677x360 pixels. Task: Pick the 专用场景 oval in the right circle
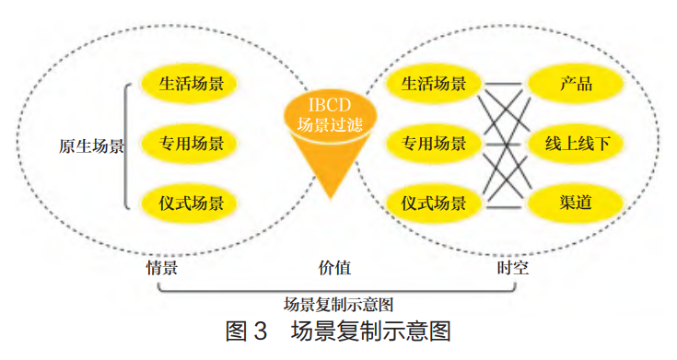[434, 144]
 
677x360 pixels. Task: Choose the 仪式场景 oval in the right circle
[434, 202]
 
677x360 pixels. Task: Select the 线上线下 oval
[577, 144]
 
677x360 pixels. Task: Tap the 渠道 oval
[575, 202]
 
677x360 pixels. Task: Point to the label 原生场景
[91, 145]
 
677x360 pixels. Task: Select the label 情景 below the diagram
[161, 268]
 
